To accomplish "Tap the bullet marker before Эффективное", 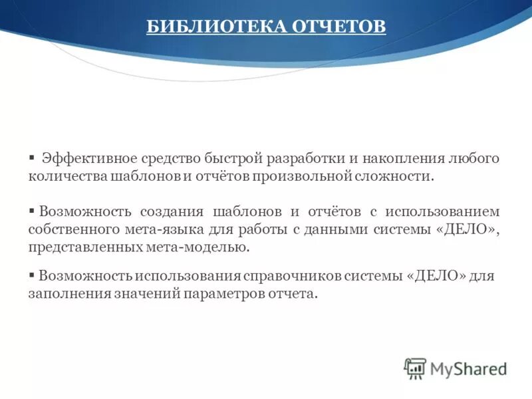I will (x=31, y=157).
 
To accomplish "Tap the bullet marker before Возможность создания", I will (x=31, y=210).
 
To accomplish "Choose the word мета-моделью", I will (x=206, y=247).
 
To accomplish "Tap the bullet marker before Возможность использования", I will (x=31, y=274).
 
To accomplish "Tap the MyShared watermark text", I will (x=468, y=368).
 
